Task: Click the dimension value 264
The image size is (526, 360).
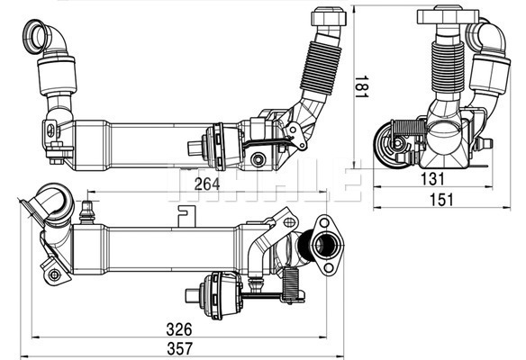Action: (x=207, y=184)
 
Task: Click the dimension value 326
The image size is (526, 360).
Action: (x=179, y=329)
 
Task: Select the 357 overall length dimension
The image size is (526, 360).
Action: (x=180, y=348)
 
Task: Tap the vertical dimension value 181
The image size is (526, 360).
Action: (x=362, y=86)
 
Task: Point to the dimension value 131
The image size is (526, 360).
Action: (x=432, y=179)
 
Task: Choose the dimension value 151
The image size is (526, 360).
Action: (x=441, y=200)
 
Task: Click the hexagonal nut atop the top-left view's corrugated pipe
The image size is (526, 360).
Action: (x=329, y=17)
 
